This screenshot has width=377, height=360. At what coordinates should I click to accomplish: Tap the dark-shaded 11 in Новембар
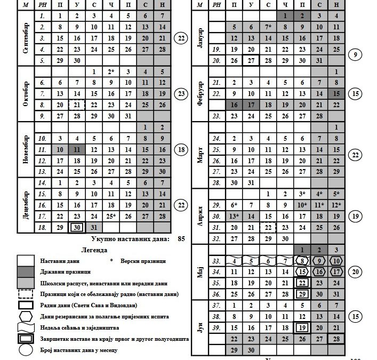(77, 150)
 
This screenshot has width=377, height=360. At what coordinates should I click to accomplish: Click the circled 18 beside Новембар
(181, 150)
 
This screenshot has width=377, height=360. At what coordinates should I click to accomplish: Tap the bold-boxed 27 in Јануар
(251, 60)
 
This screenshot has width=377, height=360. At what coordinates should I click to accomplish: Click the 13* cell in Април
(234, 215)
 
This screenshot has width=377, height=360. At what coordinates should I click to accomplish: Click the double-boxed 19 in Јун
(302, 327)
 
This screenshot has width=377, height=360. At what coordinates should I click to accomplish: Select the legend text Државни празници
(62, 271)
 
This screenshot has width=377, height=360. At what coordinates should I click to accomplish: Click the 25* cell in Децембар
(111, 215)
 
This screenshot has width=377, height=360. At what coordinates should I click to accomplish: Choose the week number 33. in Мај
(216, 261)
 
